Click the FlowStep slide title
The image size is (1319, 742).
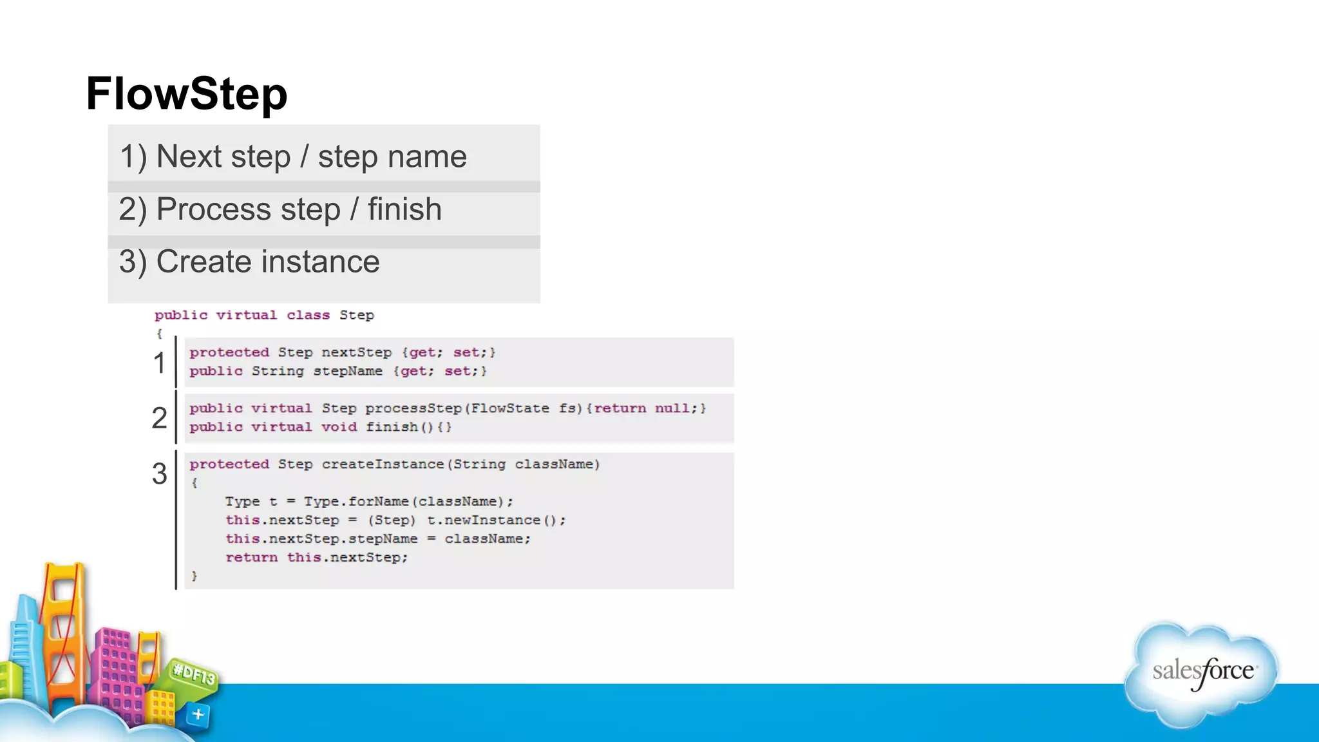[187, 94]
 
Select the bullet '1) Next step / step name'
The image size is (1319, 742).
[293, 157]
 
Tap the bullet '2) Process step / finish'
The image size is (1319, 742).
[280, 209]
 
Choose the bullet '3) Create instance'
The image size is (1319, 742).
[249, 262]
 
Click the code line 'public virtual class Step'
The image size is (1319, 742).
[264, 315]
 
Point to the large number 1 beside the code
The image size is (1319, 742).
[159, 363]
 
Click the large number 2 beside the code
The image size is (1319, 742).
[159, 418]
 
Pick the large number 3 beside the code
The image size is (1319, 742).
[159, 474]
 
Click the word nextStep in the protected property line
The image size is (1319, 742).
[356, 352]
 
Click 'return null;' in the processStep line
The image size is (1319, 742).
[646, 408]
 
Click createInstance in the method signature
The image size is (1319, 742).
[383, 464]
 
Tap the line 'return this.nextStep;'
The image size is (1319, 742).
[316, 557]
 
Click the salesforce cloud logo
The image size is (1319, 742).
[1202, 673]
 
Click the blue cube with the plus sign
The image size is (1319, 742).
[198, 714]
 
